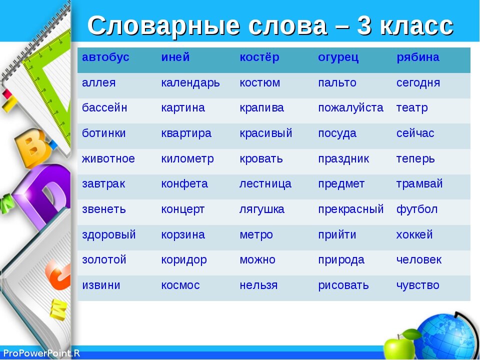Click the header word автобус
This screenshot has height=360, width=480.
pyautogui.click(x=105, y=57)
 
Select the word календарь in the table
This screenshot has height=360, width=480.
pyautogui.click(x=190, y=83)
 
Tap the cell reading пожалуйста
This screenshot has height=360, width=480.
pyautogui.click(x=351, y=108)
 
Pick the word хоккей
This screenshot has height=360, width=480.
pyautogui.click(x=414, y=234)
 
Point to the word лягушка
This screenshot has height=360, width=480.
pyautogui.click(x=261, y=209)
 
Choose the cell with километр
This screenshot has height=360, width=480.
pyautogui.click(x=187, y=159)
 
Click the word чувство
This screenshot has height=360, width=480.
pyautogui.click(x=418, y=285)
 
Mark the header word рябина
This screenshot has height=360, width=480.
pyautogui.click(x=418, y=57)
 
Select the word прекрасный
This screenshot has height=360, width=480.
pyautogui.click(x=351, y=209)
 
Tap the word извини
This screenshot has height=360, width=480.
pyautogui.click(x=101, y=285)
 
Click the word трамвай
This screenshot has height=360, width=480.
pyautogui.click(x=419, y=184)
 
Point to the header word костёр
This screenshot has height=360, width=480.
pyautogui.click(x=259, y=57)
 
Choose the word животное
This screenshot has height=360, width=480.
pyautogui.click(x=108, y=159)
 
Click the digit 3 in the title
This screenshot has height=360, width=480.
pyautogui.click(x=364, y=25)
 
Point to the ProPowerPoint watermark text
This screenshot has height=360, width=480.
pyautogui.click(x=41, y=353)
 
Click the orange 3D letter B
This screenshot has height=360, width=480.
pyautogui.click(x=32, y=147)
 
